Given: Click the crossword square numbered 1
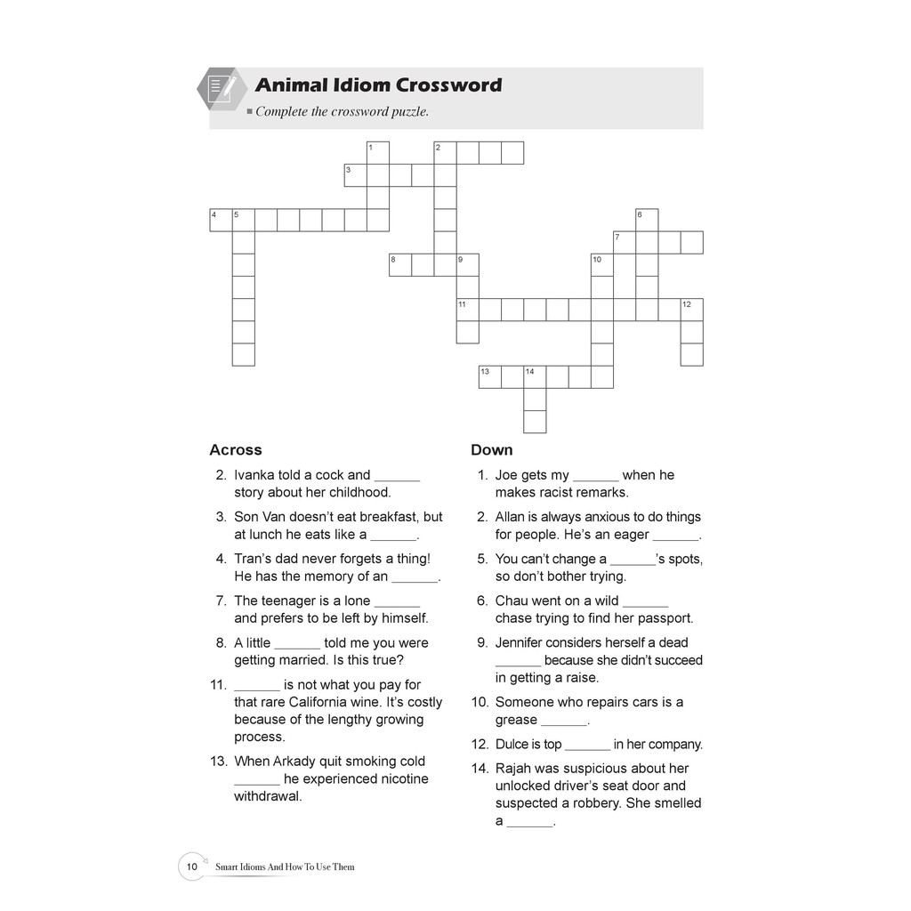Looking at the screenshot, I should click(x=377, y=153).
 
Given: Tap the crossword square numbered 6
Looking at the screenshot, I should click(x=647, y=220).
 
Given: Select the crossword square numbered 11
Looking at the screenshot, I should click(x=467, y=310).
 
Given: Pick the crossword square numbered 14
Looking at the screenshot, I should click(x=535, y=377).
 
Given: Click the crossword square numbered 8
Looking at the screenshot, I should click(x=399, y=265).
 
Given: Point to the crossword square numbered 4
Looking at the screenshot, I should click(x=220, y=220).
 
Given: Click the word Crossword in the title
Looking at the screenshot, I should click(x=448, y=85).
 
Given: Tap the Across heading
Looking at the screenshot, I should click(x=236, y=450).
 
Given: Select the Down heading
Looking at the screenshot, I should click(x=492, y=450).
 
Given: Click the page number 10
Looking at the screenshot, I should click(x=191, y=866).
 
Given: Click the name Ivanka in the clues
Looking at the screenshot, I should click(x=254, y=475).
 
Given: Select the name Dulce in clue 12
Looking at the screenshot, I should click(x=512, y=745).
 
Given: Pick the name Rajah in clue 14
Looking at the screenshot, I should click(x=513, y=769).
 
